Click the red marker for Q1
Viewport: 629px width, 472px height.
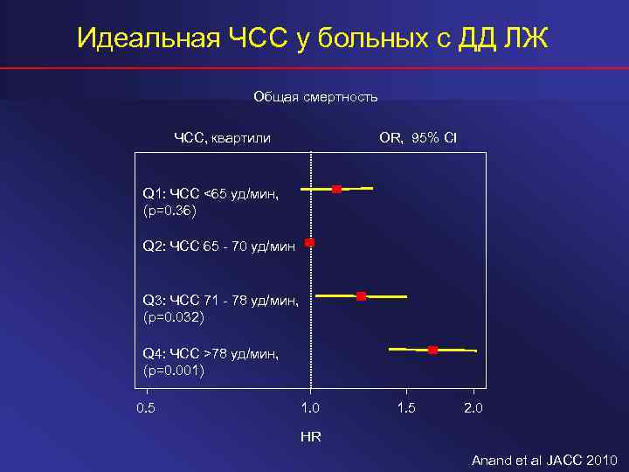tap(336, 189)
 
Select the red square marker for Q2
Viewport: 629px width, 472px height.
tap(309, 242)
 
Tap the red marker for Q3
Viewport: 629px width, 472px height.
tap(361, 296)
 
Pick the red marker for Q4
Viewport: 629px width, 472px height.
tap(432, 350)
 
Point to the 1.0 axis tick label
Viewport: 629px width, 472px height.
tap(310, 408)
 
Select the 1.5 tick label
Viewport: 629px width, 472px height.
tap(406, 408)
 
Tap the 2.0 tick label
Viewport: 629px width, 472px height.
tap(473, 408)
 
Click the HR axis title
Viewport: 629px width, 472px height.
tap(310, 436)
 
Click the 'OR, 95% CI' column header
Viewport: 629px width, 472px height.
tap(418, 138)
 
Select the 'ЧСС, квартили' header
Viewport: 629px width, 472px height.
tap(222, 138)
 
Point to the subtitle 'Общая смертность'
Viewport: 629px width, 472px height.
tap(315, 97)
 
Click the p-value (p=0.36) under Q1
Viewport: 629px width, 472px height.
tap(169, 211)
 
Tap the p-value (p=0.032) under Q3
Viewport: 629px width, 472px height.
tap(173, 317)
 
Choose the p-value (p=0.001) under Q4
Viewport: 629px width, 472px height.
tap(173, 371)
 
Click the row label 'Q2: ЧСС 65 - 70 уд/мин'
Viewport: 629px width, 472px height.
tap(218, 247)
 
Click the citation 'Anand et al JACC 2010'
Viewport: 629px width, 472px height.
tap(544, 460)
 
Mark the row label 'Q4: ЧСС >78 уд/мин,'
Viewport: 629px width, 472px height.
tap(211, 354)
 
